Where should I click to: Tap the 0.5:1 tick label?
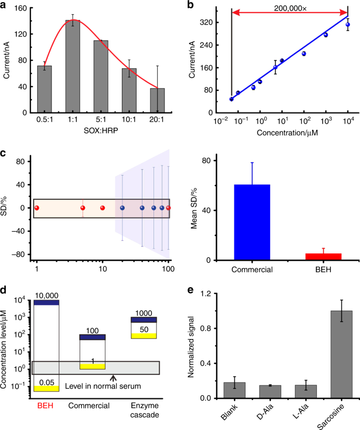[44, 120]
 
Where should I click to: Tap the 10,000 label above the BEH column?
[45, 295]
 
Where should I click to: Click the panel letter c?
[4, 153]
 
